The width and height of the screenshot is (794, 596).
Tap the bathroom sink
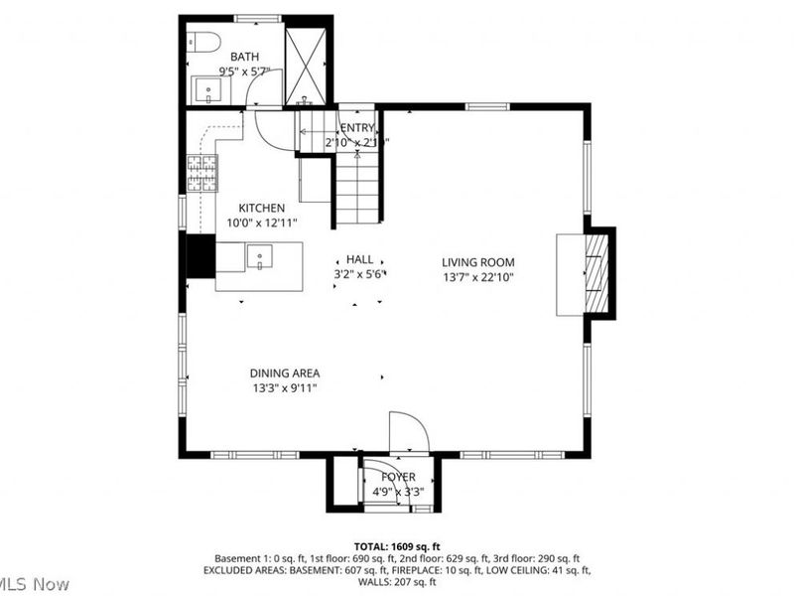(x=209, y=89)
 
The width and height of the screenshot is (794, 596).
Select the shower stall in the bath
(x=306, y=61)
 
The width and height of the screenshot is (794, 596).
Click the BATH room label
(x=244, y=57)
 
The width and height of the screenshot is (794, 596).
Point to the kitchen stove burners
(x=201, y=174)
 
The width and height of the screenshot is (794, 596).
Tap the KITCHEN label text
(x=262, y=208)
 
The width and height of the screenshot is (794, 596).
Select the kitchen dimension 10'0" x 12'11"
(x=262, y=223)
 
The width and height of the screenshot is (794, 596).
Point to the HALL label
(x=359, y=258)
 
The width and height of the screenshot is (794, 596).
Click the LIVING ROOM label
(x=478, y=262)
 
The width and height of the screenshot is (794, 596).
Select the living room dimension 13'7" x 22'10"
(x=478, y=277)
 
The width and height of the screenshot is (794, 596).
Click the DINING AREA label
(x=285, y=373)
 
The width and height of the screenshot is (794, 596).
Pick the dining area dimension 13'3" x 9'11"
(x=285, y=388)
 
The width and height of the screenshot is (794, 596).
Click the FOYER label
(x=398, y=477)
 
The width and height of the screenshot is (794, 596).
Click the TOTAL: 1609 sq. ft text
(x=397, y=546)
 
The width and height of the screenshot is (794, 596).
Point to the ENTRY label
(x=357, y=128)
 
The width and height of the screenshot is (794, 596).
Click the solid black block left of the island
(x=200, y=256)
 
